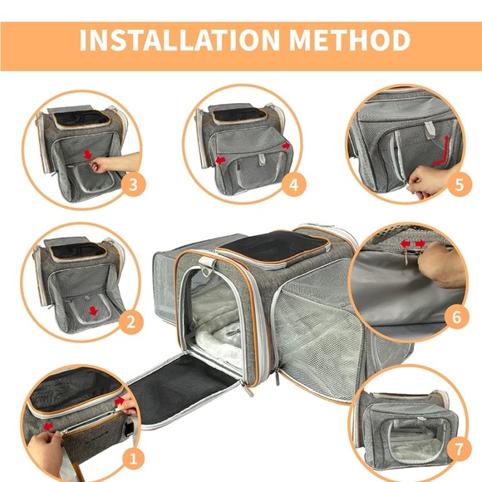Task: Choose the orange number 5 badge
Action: tap(455, 184)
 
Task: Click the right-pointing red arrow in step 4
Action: tap(286, 145)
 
